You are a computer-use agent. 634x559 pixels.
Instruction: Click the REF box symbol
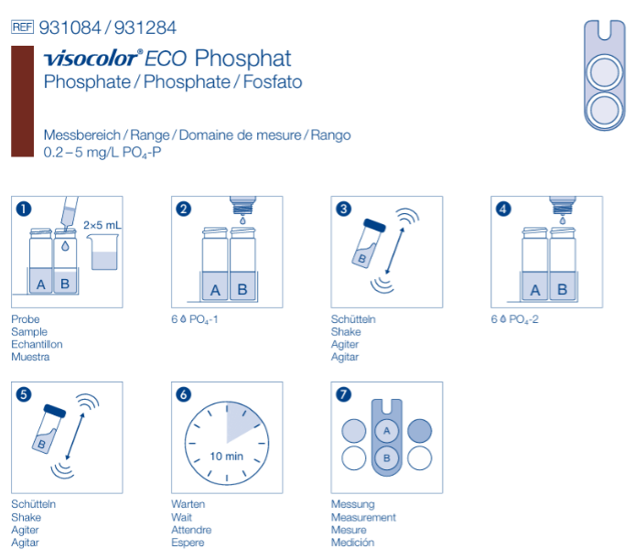(22, 27)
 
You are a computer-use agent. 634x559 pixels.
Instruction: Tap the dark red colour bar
(22, 102)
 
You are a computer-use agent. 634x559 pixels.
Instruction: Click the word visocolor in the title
(91, 59)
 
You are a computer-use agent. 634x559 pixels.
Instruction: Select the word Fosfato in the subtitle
(273, 81)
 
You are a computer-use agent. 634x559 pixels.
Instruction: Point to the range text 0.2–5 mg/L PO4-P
(102, 153)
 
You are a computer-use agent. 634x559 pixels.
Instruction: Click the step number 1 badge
(24, 209)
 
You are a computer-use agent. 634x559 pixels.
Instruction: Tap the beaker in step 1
(103, 253)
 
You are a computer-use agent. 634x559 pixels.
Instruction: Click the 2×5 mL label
(102, 225)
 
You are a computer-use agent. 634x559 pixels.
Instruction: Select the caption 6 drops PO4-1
(195, 319)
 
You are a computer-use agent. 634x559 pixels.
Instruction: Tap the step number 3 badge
(343, 209)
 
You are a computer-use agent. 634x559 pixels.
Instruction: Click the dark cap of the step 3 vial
(374, 225)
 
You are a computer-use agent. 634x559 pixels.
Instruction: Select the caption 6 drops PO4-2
(514, 319)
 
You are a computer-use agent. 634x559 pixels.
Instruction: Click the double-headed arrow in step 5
(75, 436)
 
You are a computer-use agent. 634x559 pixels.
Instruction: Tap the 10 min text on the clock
(227, 457)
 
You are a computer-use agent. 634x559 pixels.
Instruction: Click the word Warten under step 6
(188, 504)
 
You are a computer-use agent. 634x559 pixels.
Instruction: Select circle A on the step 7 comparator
(387, 431)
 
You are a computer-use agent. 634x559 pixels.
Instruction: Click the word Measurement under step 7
(363, 517)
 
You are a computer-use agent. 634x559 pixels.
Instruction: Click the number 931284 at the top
(145, 28)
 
